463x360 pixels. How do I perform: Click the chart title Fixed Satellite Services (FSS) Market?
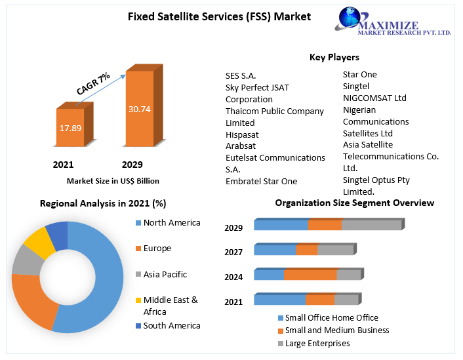pyautogui.click(x=219, y=16)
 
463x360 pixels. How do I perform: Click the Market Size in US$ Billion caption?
pyautogui.click(x=113, y=180)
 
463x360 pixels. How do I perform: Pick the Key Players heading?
pyautogui.click(x=334, y=57)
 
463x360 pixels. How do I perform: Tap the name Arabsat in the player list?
pyautogui.click(x=241, y=146)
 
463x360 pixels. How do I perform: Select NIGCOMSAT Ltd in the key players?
pyautogui.click(x=374, y=98)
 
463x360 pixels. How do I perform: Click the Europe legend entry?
pyautogui.click(x=157, y=249)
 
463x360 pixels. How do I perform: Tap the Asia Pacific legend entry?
pyautogui.click(x=165, y=274)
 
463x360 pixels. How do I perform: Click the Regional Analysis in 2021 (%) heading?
pyautogui.click(x=103, y=203)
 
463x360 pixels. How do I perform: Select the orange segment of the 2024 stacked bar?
pyautogui.click(x=310, y=275)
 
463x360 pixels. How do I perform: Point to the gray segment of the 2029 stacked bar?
pyautogui.click(x=371, y=225)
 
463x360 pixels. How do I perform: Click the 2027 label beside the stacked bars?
pyautogui.click(x=233, y=252)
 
